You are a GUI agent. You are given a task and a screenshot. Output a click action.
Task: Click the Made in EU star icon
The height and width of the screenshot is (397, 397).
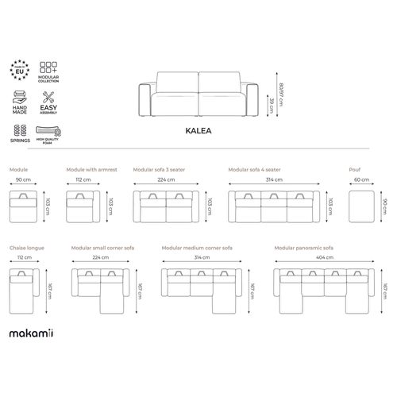click(x=21, y=67)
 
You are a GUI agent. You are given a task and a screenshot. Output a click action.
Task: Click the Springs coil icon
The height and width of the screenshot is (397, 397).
click(x=21, y=128)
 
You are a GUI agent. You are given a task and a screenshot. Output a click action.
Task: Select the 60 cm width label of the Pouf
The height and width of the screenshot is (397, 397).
click(x=361, y=179)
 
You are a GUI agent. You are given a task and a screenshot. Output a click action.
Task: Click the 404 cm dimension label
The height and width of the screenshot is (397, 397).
click(x=325, y=258)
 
